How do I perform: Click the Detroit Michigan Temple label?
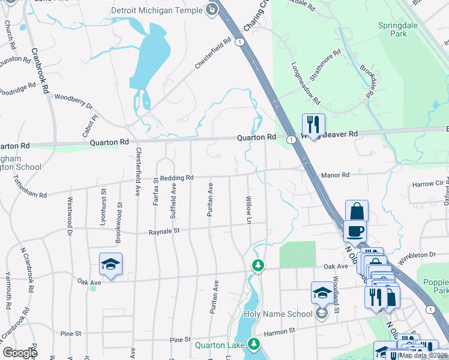[157, 11]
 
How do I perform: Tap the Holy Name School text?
[278, 314]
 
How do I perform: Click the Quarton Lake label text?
[218, 344]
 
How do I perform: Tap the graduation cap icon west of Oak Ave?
[111, 264]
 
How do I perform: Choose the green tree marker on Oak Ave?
[258, 265]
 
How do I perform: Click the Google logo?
[20, 352]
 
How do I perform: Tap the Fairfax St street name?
[155, 192]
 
